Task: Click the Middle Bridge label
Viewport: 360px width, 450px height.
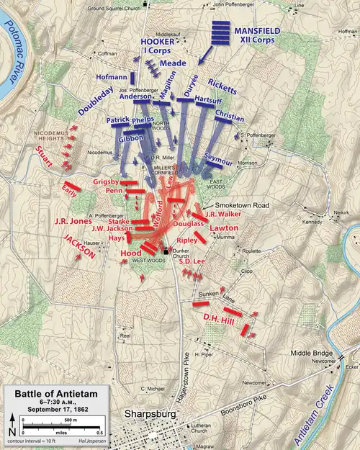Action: click(310, 354)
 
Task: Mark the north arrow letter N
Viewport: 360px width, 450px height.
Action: click(14, 431)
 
